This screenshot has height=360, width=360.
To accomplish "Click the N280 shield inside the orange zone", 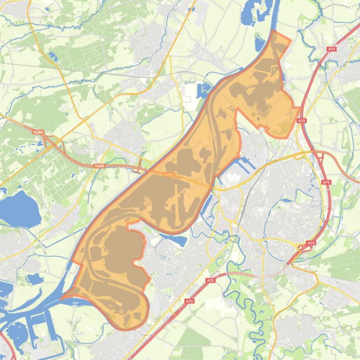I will point(169,175).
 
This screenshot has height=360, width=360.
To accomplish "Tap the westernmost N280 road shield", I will point(38,132).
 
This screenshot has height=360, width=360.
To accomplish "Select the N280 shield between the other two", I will point(99,166).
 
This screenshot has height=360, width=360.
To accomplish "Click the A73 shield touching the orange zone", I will point(301,121).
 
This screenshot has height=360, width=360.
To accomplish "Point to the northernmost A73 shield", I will point(332,49).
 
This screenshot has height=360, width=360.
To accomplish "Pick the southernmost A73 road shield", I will point(189,302).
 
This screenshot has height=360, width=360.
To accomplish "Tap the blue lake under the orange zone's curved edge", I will point(176,240).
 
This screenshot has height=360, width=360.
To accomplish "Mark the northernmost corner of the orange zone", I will point(274,31).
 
